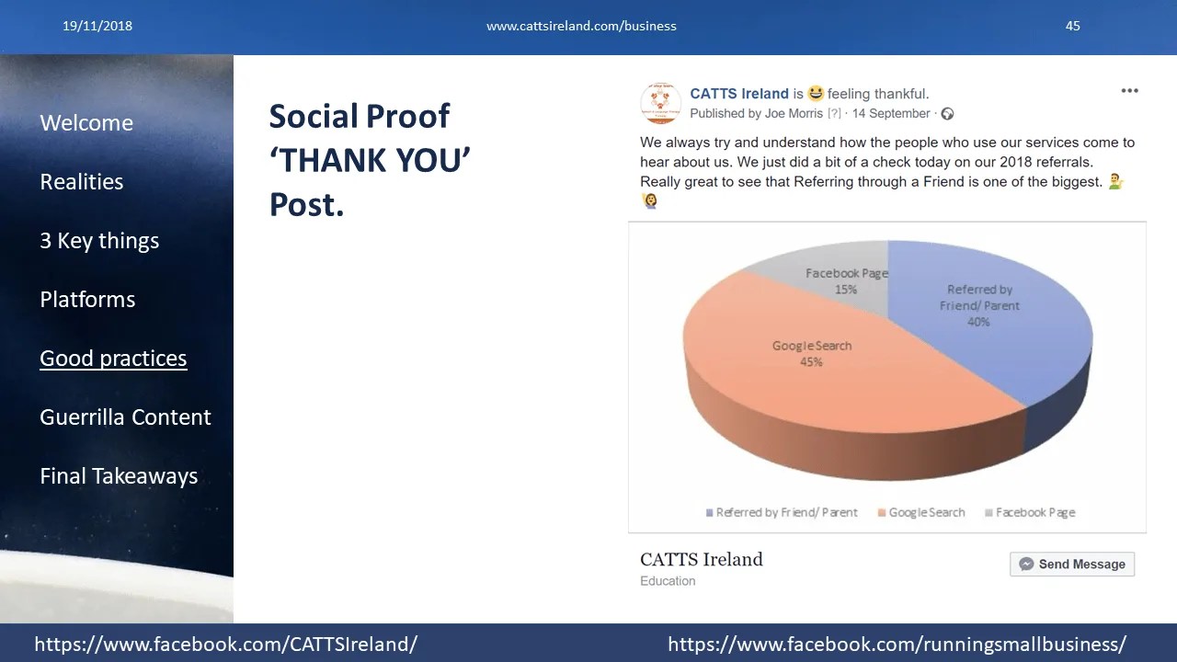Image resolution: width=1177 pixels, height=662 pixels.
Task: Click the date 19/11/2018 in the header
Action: (97, 26)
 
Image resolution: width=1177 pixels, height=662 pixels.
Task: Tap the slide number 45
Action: (1072, 26)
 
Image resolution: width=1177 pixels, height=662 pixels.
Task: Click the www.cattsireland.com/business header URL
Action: (581, 26)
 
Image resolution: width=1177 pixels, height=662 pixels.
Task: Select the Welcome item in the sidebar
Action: (86, 123)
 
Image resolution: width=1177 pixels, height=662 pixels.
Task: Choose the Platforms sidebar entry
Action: (87, 300)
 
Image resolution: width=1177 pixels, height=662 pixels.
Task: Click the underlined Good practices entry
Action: (113, 359)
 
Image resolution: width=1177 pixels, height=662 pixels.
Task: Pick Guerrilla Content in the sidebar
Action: (126, 417)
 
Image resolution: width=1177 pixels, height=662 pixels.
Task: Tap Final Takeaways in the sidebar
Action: (120, 476)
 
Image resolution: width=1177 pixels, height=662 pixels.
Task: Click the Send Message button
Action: (1072, 564)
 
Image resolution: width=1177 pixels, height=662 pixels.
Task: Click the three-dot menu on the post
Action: (1129, 91)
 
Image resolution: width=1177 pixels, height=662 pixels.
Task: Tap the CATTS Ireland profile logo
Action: (660, 103)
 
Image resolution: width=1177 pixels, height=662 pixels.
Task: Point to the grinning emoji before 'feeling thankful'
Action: (816, 93)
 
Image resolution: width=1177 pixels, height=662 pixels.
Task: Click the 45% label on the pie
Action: (811, 362)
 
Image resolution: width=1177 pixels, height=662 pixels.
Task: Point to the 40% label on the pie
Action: (978, 322)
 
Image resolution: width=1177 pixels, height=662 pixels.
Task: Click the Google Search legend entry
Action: (921, 512)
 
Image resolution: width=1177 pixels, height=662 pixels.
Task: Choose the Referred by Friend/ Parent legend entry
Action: (782, 512)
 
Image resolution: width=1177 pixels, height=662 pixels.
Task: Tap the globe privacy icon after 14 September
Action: (947, 113)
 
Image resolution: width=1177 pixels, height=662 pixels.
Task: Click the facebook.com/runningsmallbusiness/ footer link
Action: (897, 645)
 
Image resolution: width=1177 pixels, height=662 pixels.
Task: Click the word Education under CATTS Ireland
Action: (668, 580)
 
